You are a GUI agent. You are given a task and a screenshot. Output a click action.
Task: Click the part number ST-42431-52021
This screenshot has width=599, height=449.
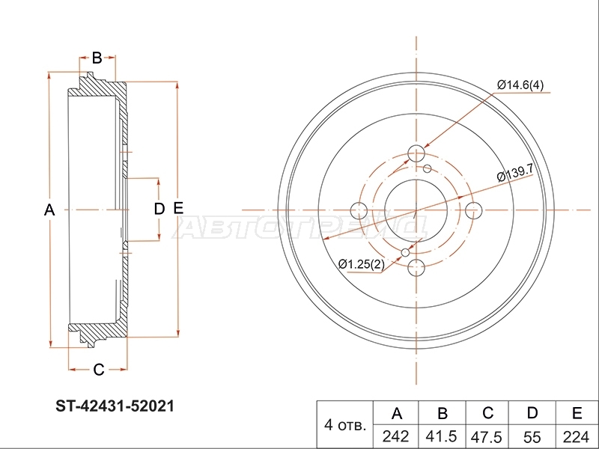(115, 406)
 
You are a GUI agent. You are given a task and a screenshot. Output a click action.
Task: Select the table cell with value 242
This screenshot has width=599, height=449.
(396, 436)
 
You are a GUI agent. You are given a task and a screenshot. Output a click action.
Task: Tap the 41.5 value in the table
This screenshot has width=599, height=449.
(442, 436)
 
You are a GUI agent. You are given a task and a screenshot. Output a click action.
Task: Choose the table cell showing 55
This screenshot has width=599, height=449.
(532, 436)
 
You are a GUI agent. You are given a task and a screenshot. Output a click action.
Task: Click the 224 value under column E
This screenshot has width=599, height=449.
(577, 436)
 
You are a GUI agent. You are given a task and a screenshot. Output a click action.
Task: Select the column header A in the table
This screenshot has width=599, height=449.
(397, 413)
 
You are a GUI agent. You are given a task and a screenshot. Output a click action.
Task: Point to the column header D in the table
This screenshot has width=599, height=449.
(532, 413)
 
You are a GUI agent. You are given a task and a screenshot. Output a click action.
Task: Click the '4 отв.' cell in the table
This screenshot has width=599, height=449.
(345, 424)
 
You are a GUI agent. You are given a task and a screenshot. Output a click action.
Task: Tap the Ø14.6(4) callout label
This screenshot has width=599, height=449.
(520, 85)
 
